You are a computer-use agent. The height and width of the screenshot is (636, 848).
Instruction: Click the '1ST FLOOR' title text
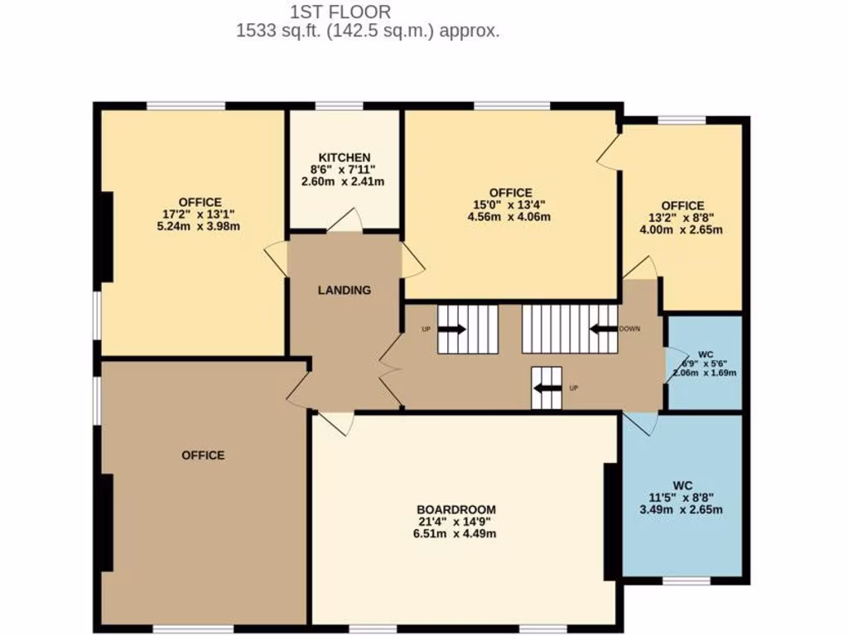point(340,12)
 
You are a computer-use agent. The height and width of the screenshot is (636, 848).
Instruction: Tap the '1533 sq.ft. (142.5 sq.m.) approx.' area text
point(368,31)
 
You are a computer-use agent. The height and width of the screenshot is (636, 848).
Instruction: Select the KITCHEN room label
point(344,157)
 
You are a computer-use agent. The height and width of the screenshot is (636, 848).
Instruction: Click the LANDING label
point(344,290)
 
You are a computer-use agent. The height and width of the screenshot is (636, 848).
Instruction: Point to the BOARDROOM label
point(455,509)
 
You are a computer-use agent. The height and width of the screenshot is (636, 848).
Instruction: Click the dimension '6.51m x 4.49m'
point(455,534)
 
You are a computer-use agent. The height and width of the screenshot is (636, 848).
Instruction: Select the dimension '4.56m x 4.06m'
point(509,217)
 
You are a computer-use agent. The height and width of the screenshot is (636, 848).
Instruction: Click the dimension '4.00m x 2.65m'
point(682,229)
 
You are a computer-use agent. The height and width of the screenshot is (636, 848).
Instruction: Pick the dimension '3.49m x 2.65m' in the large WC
point(682,509)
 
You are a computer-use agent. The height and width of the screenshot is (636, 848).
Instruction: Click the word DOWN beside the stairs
point(630,329)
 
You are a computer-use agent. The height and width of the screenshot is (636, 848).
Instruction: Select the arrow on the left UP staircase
point(451,329)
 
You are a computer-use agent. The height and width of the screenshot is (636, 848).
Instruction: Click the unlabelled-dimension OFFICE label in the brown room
point(203,455)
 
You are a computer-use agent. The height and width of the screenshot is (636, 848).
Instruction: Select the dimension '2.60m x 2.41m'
point(344,181)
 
